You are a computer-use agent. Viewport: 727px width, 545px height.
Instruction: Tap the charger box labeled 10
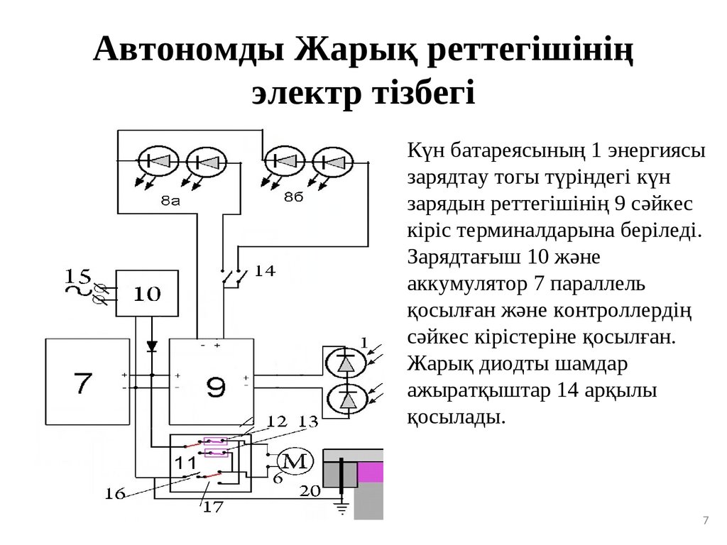coord(148,293)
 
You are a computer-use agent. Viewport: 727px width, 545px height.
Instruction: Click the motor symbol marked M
coord(294,462)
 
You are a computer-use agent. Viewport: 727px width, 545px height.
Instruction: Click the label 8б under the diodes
coord(293,196)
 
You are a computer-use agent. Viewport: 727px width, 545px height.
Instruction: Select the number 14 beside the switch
coord(264,270)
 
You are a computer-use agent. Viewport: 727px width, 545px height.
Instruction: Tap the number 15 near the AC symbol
coord(78,274)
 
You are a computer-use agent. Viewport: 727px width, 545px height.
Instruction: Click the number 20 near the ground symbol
coord(310,490)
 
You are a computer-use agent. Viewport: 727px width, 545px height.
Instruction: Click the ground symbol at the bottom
coord(341,508)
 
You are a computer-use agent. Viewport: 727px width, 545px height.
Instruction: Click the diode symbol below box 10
coord(151,346)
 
